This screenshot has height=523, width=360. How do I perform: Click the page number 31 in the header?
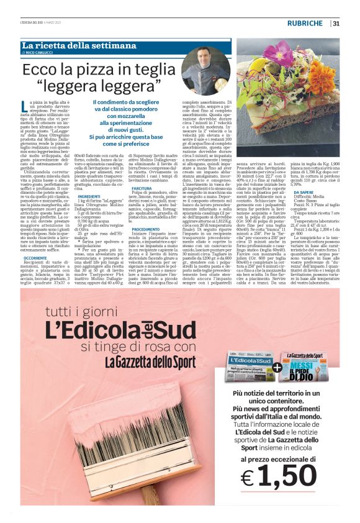tap(336, 24)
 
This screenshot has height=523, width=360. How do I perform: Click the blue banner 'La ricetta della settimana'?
tap(79, 45)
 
